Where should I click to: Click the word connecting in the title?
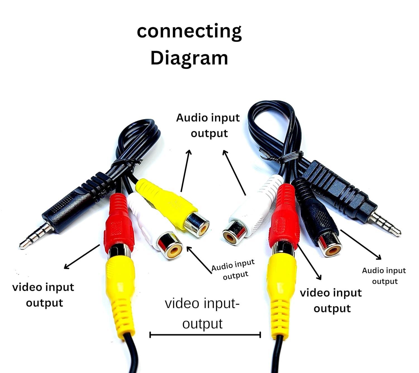[189, 31]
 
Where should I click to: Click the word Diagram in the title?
[189, 58]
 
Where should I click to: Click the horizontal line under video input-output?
[205, 335]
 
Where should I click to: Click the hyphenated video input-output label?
[202, 313]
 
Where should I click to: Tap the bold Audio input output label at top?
[208, 125]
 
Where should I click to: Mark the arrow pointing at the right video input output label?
[310, 262]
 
